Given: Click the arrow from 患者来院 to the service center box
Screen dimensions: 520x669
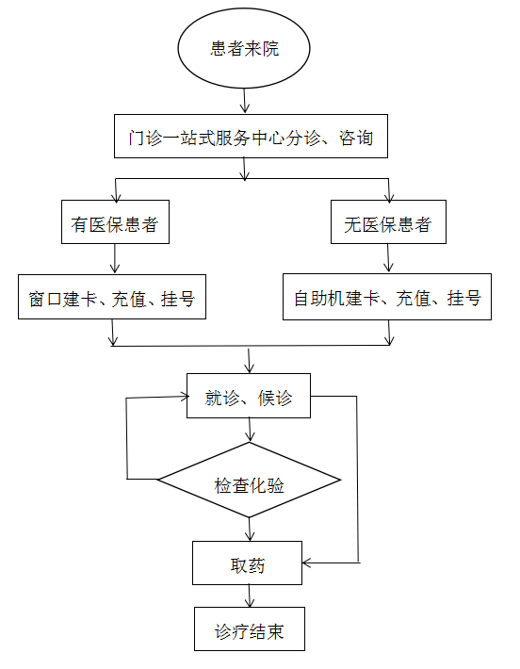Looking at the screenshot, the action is click(244, 101).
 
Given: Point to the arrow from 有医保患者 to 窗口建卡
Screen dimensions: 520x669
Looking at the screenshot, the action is click(115, 258).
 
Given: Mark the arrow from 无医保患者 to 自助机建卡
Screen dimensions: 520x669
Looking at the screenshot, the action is click(388, 258).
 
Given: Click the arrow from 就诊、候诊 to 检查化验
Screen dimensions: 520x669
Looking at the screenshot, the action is click(250, 430).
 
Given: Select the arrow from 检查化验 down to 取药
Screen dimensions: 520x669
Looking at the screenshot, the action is click(250, 530).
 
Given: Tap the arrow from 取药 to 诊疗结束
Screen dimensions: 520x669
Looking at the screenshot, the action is click(250, 596).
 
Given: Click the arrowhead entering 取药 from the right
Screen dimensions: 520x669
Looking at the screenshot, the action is click(307, 563).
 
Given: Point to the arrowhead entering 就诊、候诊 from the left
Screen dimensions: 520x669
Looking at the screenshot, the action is click(185, 397).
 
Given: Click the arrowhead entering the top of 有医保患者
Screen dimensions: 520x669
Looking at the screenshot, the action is click(116, 196).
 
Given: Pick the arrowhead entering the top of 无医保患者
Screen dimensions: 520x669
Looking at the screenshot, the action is click(389, 196).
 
